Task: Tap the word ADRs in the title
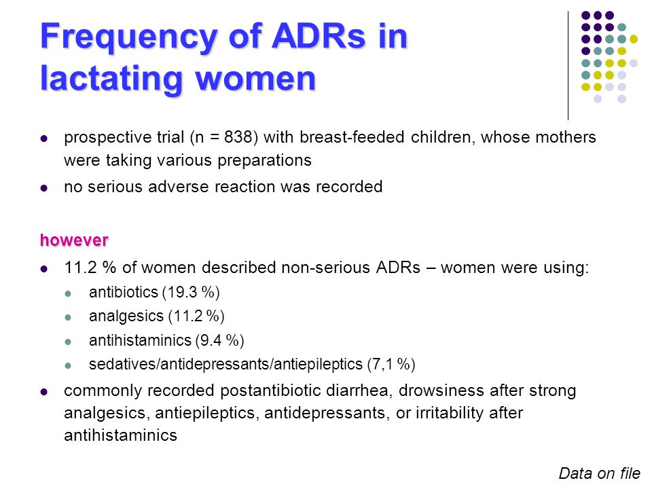[319, 36]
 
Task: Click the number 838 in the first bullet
[238, 137]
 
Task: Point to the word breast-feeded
[352, 137]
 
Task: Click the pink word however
[74, 240]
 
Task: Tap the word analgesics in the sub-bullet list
[126, 316]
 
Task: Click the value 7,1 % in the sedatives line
[391, 364]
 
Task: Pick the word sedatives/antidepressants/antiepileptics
[225, 364]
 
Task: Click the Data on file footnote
[599, 473]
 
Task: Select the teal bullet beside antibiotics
[68, 293]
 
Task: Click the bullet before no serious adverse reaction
[44, 188]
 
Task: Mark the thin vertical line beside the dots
[568, 66]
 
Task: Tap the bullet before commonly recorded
[44, 392]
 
